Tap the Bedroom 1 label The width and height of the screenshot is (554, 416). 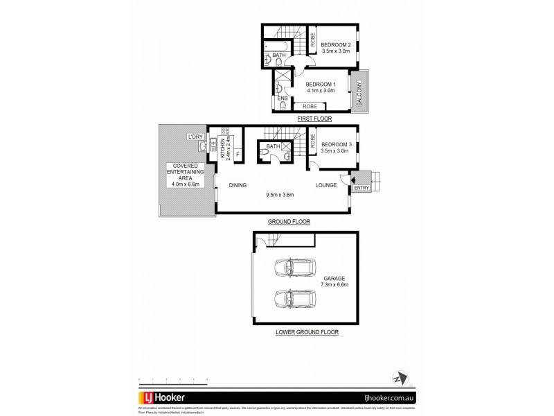[x=320, y=87]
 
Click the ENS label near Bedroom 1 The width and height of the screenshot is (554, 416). [x=283, y=98]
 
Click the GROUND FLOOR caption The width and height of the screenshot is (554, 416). [x=289, y=222]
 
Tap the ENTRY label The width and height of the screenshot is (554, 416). [x=361, y=188]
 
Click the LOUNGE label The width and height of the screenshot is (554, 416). [x=326, y=185]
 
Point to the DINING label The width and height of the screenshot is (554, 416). [x=238, y=185]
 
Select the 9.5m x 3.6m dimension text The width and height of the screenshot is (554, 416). [x=280, y=194]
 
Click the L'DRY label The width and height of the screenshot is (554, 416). [x=195, y=137]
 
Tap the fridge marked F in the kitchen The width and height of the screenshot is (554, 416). [x=238, y=153]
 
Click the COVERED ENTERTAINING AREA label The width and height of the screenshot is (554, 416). [x=183, y=173]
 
